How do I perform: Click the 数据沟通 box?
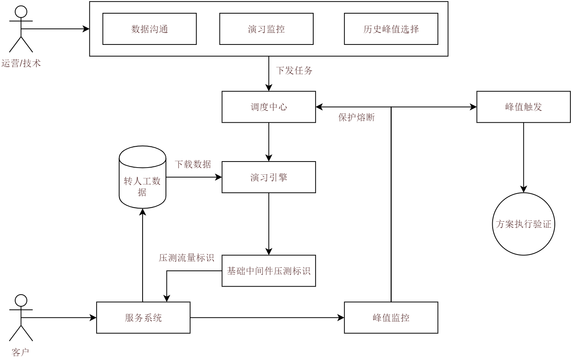149,29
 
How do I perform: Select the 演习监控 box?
266,29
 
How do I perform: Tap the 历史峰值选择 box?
391,29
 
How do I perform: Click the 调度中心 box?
269,107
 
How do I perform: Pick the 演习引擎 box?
269,177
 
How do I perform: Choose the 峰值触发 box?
524,107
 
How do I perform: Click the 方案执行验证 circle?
524,224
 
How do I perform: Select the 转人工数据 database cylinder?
143,178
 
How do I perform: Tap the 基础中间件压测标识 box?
269,271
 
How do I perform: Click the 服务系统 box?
143,318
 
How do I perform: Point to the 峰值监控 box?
391,318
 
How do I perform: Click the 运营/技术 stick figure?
21,29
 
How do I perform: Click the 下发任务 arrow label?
294,71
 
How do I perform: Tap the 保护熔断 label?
356,117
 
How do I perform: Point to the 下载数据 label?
193,164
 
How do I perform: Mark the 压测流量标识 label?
187,258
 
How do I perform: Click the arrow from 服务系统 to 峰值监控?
267,318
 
